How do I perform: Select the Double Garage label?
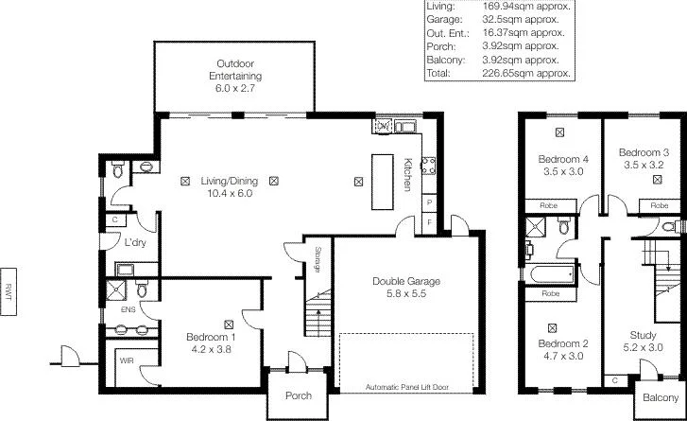coord(406,288)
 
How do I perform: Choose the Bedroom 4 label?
coord(563,165)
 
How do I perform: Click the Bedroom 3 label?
coord(644,158)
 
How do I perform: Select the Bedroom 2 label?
coord(563,350)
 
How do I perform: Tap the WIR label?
coord(127,360)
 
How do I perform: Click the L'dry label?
coord(135,243)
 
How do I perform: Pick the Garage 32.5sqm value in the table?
coord(534,19)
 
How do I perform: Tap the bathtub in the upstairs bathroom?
coord(550,276)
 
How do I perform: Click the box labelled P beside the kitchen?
coord(429,202)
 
